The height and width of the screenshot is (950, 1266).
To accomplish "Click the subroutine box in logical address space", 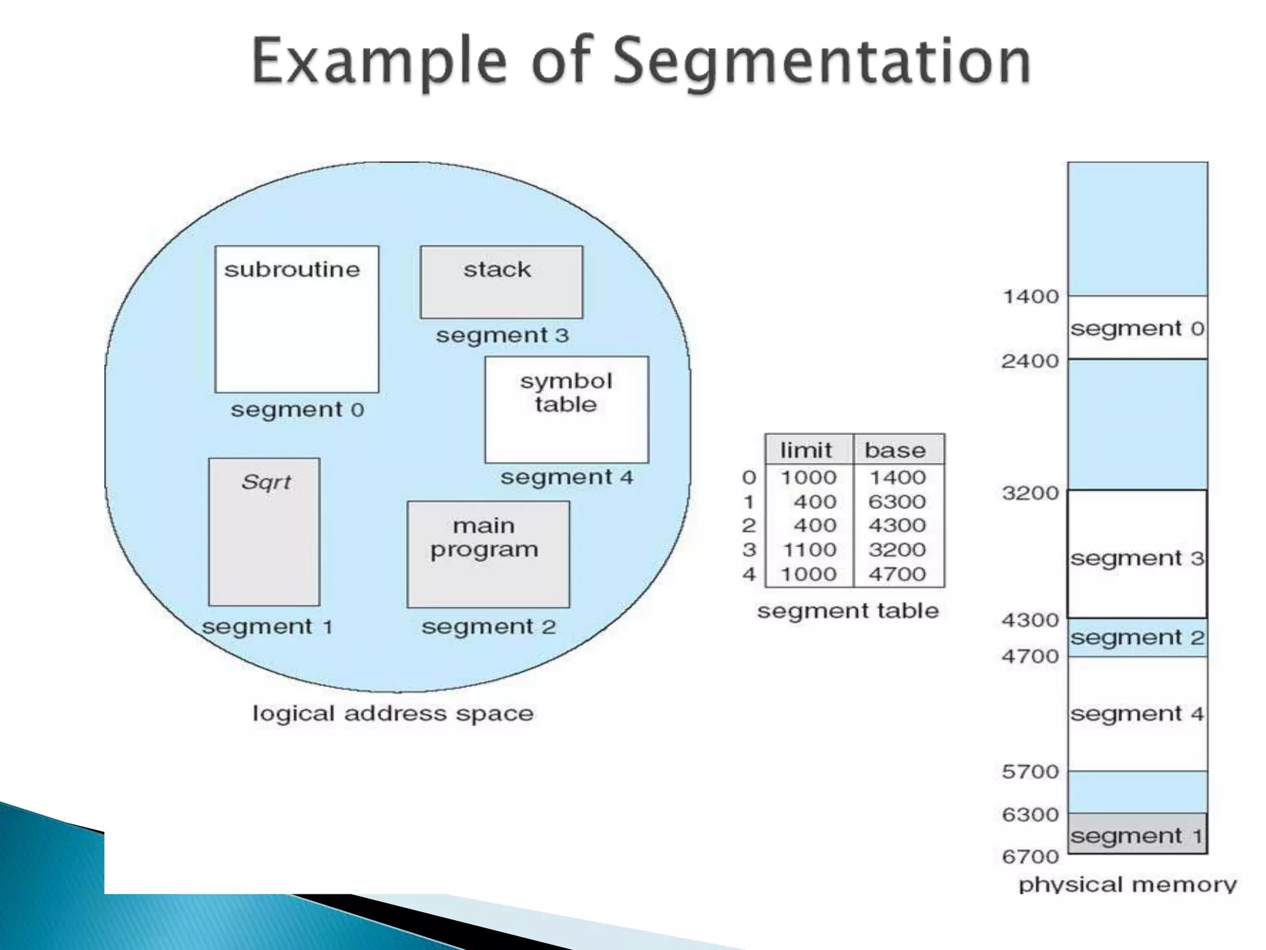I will click(x=297, y=319).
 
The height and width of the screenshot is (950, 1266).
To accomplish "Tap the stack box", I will click(x=501, y=282).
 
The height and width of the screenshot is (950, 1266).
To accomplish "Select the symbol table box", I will click(x=567, y=409).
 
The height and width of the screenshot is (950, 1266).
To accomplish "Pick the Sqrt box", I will click(x=264, y=532).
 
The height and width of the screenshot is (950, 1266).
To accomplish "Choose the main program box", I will click(x=488, y=554).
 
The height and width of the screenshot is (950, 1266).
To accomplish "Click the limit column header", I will click(x=806, y=450).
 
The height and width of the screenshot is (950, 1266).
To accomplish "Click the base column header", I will click(x=895, y=450).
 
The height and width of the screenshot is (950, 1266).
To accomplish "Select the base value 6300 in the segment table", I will click(x=897, y=502).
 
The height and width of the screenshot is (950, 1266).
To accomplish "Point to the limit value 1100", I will click(x=809, y=550).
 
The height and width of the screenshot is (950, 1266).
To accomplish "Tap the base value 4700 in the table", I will click(x=897, y=574).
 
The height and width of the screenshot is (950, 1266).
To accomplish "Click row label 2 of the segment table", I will click(x=749, y=526).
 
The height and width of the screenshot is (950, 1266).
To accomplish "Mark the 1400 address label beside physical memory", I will click(x=1030, y=297).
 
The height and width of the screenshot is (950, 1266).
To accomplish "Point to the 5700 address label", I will click(x=1030, y=772).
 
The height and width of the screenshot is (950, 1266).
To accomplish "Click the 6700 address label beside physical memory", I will click(x=1030, y=857).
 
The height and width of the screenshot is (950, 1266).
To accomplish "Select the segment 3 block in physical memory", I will click(x=1137, y=554).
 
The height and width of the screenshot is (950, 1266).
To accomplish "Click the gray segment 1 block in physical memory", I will click(x=1137, y=834).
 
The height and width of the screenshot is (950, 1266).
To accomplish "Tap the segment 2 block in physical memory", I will click(x=1137, y=638).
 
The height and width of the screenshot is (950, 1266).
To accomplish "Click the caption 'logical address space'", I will click(x=393, y=714).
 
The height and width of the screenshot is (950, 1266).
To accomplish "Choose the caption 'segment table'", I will click(x=848, y=611).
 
